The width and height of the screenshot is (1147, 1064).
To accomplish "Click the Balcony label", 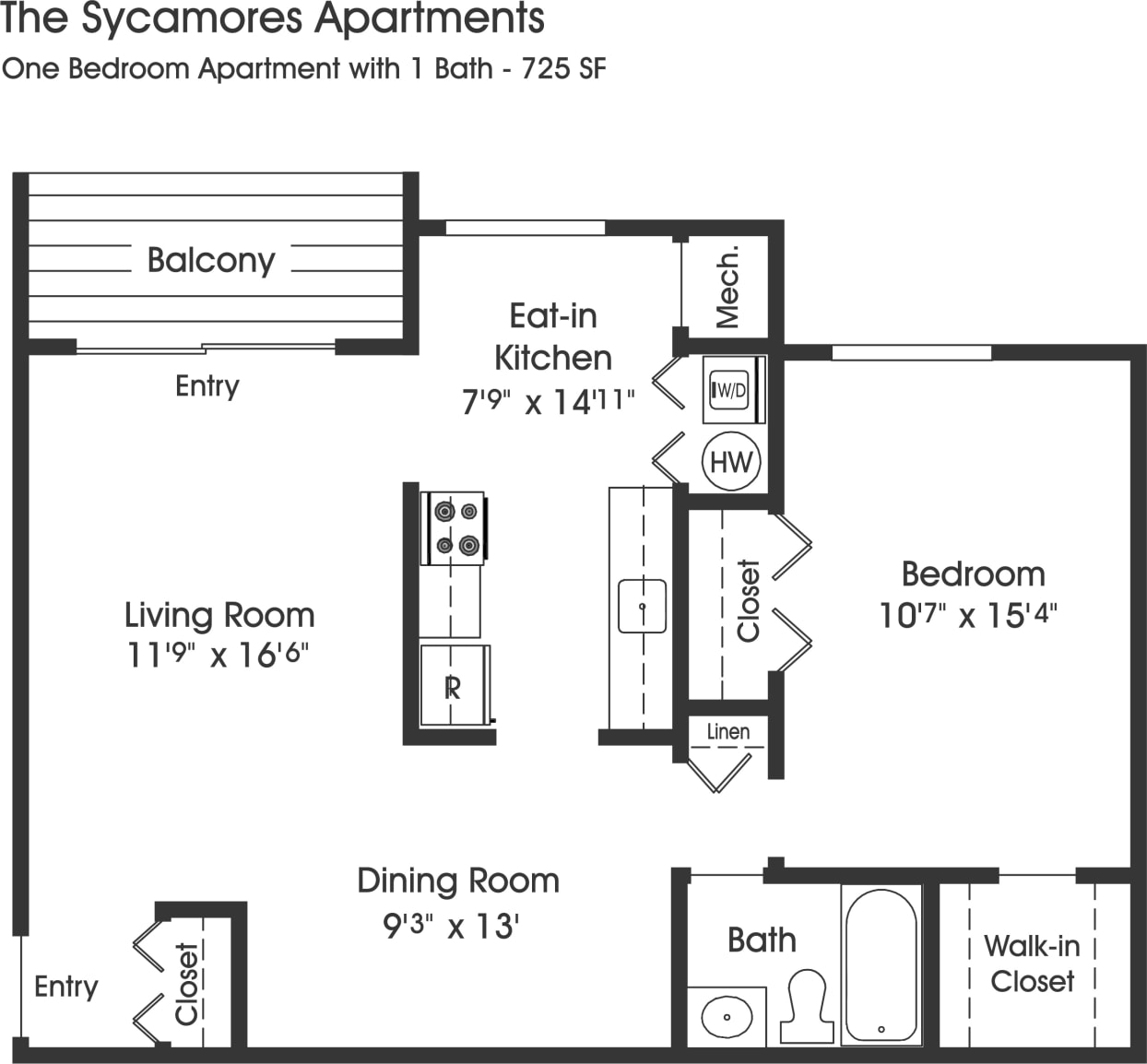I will (211, 260).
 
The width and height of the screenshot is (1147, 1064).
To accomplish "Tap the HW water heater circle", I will (731, 462).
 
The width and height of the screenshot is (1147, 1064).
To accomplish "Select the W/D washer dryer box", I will (731, 390).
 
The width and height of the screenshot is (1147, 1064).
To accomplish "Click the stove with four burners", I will (454, 527).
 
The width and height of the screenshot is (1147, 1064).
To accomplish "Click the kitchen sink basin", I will (642, 606).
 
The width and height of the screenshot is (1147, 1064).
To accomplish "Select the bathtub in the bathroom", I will (881, 964).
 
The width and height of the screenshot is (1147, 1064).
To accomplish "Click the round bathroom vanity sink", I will (727, 1018).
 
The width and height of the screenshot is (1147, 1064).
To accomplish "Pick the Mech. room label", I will (727, 286).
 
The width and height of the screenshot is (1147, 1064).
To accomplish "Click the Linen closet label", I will (728, 732).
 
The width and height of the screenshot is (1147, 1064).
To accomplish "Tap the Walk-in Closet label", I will (1032, 964).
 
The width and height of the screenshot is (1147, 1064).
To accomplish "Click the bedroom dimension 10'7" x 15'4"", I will (967, 615).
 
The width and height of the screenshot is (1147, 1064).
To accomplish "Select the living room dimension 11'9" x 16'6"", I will (217, 655).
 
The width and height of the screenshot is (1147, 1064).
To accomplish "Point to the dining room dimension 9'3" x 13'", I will (452, 926).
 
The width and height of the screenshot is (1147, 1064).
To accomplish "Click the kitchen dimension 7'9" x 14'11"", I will (548, 401).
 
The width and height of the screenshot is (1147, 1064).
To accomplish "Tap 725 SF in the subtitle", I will (563, 69).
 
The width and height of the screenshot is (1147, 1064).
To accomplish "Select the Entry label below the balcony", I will (207, 385).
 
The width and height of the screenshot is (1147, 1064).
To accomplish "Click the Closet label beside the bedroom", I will (748, 600).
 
